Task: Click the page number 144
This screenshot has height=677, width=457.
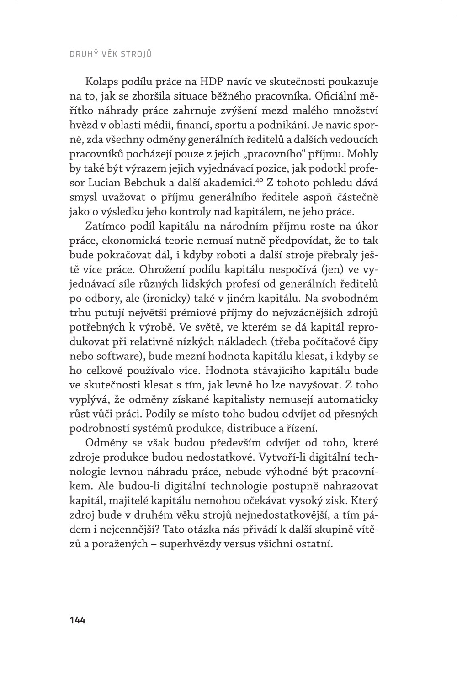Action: pyautogui.click(x=78, y=619)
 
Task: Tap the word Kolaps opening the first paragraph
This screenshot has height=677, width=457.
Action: pyautogui.click(x=101, y=82)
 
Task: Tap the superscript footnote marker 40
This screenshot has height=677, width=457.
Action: pyautogui.click(x=259, y=181)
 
